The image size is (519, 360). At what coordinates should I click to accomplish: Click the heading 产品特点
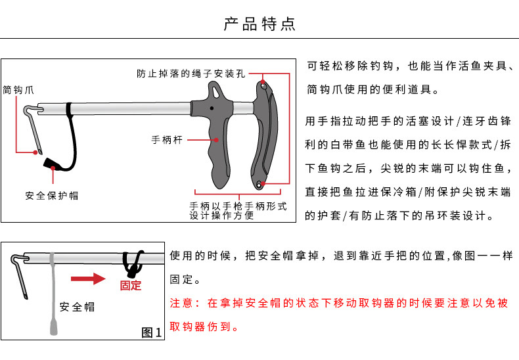(259, 25)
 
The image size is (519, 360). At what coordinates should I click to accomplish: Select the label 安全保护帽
(52, 196)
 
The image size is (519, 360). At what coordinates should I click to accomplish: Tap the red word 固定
(131, 285)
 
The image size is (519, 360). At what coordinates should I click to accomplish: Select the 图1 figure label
(152, 332)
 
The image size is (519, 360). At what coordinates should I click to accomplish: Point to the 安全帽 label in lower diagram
(77, 306)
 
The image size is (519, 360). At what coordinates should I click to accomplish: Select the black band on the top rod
(68, 108)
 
